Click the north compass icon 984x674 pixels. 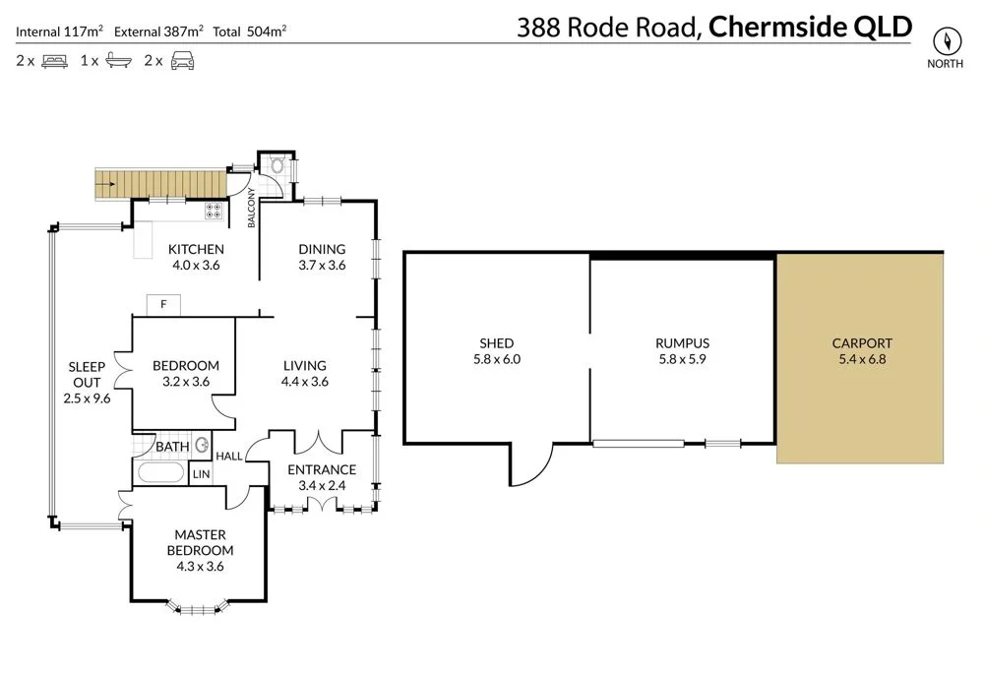click(x=949, y=40)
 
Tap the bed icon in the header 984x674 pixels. click(x=53, y=61)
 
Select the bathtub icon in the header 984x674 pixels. click(x=116, y=61)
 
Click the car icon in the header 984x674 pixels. click(x=181, y=61)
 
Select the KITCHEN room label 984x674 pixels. click(x=196, y=249)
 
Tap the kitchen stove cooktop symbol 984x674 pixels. click(x=213, y=212)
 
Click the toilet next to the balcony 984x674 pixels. click(x=276, y=166)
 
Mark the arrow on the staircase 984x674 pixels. click(x=109, y=184)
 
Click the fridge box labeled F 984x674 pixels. click(x=164, y=305)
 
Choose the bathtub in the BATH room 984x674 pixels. click(x=160, y=473)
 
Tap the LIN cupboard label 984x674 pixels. click(x=201, y=474)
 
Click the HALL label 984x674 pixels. click(x=229, y=456)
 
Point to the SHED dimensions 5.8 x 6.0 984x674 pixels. click(x=497, y=359)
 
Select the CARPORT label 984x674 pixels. click(x=862, y=343)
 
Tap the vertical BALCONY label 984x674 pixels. click(x=252, y=208)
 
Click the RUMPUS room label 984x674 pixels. click(x=682, y=343)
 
